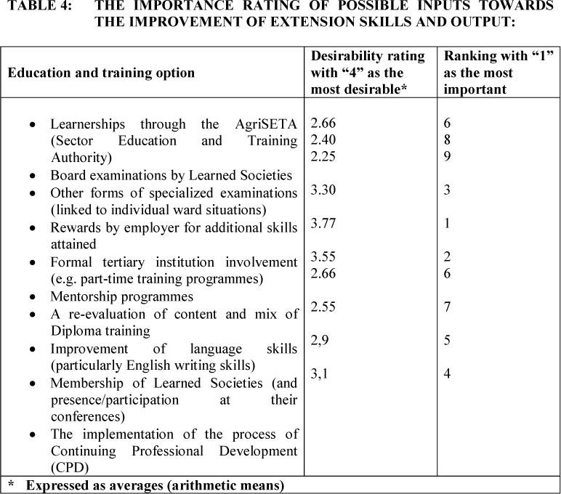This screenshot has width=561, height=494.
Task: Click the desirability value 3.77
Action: click(x=323, y=224)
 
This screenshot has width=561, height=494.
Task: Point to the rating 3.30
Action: click(x=323, y=190)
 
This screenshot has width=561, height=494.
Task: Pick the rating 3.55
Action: click(x=323, y=256)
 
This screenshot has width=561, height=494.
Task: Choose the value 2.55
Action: click(x=323, y=307)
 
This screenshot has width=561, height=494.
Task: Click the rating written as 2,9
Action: click(x=320, y=341)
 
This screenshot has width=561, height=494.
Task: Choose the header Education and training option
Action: click(x=101, y=73)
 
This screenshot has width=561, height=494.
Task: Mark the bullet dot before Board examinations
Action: click(x=33, y=176)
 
